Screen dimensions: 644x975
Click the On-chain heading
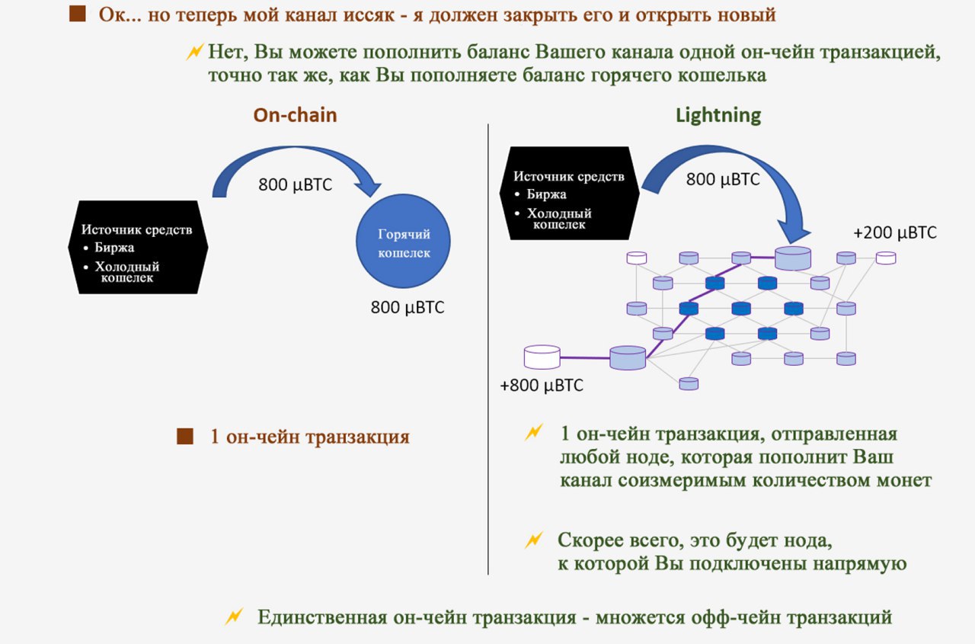pyautogui.click(x=295, y=115)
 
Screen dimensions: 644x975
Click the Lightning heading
pyautogui.click(x=718, y=115)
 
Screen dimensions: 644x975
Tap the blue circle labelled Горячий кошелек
pyautogui.click(x=404, y=242)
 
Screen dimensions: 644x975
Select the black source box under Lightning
pyautogui.click(x=570, y=194)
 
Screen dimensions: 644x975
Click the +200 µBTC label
pyautogui.click(x=895, y=233)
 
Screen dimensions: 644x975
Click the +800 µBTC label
pyautogui.click(x=542, y=386)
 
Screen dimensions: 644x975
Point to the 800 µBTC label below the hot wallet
pyautogui.click(x=408, y=308)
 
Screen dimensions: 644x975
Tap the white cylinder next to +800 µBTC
pyautogui.click(x=542, y=355)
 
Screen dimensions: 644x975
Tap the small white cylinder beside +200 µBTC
pyautogui.click(x=885, y=258)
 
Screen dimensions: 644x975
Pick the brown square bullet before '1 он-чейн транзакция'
pyautogui.click(x=184, y=437)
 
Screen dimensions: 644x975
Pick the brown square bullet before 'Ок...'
pyautogui.click(x=77, y=14)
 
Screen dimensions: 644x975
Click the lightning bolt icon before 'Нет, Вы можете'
pyautogui.click(x=195, y=53)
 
